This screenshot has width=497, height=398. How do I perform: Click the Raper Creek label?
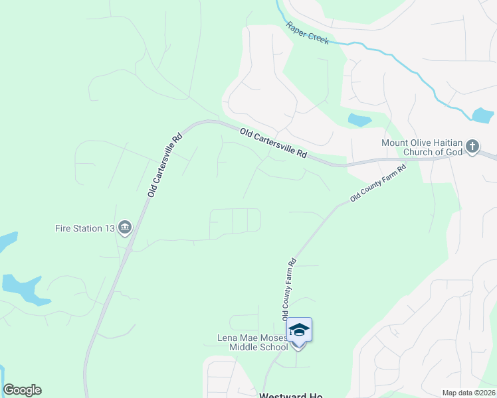[308, 33]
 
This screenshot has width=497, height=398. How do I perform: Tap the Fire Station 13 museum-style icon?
[124, 229]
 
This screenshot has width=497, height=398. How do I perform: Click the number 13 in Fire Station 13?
[108, 229]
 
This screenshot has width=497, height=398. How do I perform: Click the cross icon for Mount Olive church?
[472, 146]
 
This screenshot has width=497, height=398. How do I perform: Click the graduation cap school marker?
[299, 330]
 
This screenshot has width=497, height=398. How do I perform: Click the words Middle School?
[258, 347]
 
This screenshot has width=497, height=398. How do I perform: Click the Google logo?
[22, 390]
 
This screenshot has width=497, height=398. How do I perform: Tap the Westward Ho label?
[290, 395]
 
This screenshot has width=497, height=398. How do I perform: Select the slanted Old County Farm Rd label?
[377, 181]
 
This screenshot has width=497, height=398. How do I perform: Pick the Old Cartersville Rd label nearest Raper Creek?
[274, 143]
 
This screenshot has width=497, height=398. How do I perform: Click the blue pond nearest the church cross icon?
[482, 115]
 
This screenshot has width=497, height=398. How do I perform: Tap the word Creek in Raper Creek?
[318, 37]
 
